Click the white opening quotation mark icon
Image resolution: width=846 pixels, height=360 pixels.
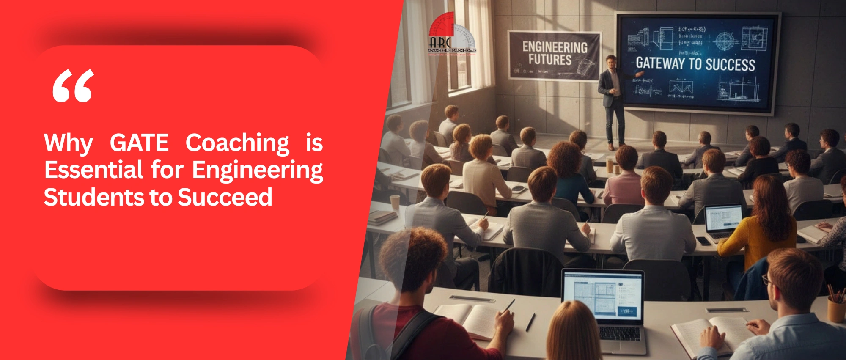click(x=73, y=86)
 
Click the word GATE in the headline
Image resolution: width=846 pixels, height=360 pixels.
click(x=139, y=143)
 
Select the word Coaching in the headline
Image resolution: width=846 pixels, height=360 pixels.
click(x=237, y=143)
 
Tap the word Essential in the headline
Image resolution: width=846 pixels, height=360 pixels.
click(x=93, y=170)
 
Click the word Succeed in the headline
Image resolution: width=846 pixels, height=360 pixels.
click(x=225, y=198)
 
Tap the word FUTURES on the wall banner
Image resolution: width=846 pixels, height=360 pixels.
click(x=549, y=60)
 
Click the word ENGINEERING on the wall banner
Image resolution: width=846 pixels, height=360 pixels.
click(x=555, y=47)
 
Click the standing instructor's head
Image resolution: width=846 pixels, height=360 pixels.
click(x=610, y=61)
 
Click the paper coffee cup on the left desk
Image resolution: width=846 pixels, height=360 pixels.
click(x=394, y=202)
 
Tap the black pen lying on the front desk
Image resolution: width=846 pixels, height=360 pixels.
click(x=530, y=322)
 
